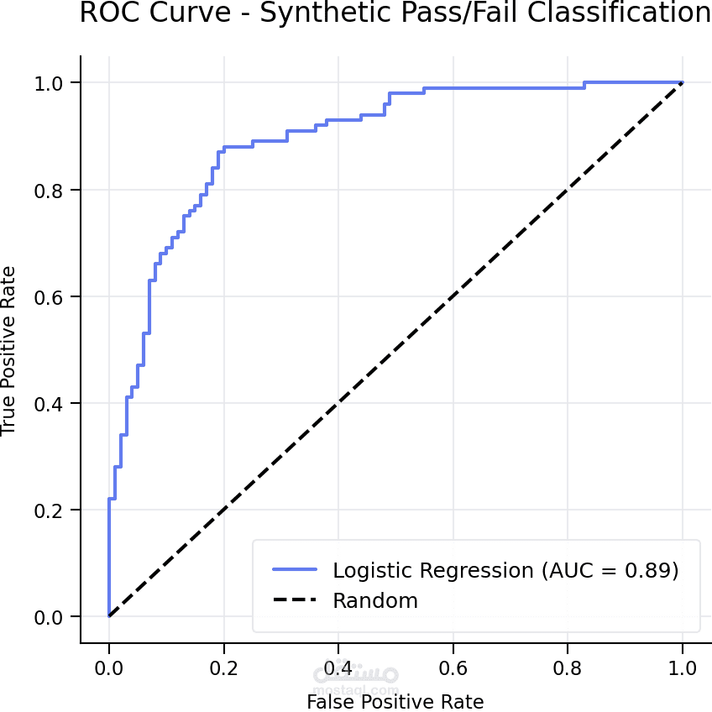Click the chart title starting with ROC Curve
395,14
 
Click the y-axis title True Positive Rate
9,350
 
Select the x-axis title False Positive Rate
395,701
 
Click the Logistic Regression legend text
505,571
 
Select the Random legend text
375,601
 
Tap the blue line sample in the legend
295,570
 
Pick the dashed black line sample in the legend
295,600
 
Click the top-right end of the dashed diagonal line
682,83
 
